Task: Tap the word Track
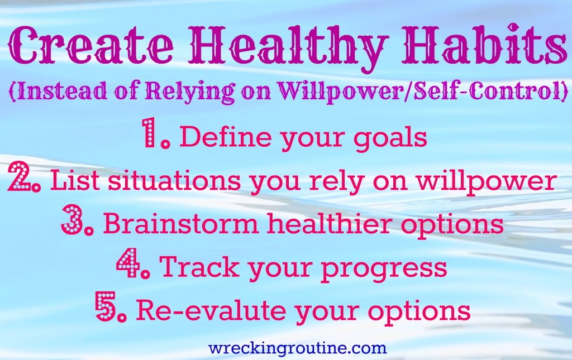pyautogui.click(x=194, y=267)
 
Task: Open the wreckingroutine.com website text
pyautogui.click(x=297, y=348)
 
